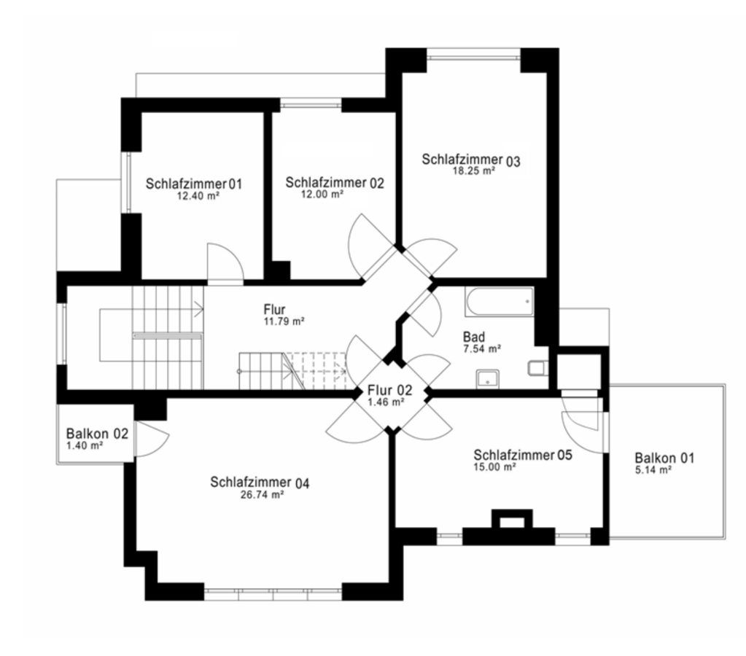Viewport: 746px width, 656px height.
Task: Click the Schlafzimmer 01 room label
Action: click(x=194, y=184)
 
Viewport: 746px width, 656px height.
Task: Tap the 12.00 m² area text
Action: click(x=322, y=194)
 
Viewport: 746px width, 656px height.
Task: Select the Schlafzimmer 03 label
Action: click(x=471, y=160)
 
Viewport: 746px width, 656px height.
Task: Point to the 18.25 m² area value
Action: click(x=473, y=171)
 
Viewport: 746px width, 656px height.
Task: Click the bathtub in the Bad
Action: click(x=499, y=302)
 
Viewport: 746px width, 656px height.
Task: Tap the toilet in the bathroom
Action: click(x=537, y=367)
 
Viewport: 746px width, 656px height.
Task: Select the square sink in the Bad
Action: click(x=488, y=379)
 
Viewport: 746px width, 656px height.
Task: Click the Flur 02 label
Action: click(x=389, y=390)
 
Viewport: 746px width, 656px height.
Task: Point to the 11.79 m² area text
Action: click(x=284, y=321)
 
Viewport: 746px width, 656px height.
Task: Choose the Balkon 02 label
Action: click(x=97, y=434)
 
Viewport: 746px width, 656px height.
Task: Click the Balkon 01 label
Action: click(x=664, y=458)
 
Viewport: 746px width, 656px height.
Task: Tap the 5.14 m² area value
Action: click(x=653, y=470)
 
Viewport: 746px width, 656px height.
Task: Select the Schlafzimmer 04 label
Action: click(x=260, y=483)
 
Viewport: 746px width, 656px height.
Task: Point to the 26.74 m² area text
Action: click(x=262, y=495)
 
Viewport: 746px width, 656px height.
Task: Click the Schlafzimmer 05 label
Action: click(x=523, y=456)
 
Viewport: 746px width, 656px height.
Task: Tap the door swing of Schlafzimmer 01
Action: click(x=225, y=264)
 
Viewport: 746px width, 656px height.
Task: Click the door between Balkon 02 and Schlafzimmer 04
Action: click(x=152, y=439)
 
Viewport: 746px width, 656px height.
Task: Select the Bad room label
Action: click(x=474, y=337)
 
